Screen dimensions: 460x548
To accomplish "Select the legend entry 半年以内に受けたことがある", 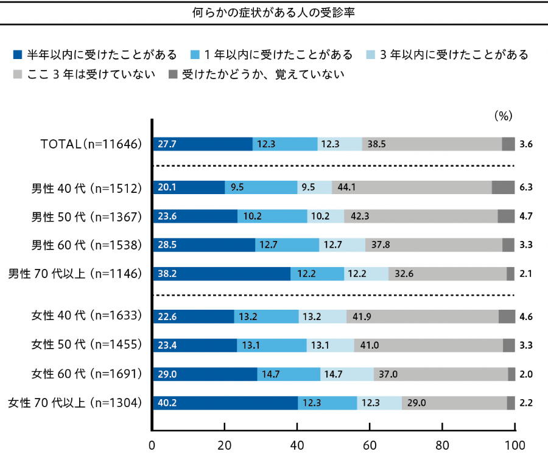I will pos(94,55).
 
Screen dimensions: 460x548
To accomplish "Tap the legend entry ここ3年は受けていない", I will pos(84,75).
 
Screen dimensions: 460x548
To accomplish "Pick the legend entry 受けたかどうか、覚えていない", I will pos(256,75).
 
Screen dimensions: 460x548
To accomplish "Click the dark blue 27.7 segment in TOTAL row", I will pos(203,144).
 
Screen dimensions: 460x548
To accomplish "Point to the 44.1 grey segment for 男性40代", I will pos(412,187).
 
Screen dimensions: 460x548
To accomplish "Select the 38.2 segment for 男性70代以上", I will pos(222,274).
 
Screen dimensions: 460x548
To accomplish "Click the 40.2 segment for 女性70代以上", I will pos(225,403).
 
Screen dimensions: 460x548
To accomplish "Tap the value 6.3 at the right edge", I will pos(527,187).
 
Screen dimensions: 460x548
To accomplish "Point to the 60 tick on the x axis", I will pos(370,444).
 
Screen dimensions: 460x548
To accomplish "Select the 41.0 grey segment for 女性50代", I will pos(428,345).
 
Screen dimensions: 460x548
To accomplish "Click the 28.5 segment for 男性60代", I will pos(204,245).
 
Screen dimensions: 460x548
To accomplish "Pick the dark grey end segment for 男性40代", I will pos(503,187).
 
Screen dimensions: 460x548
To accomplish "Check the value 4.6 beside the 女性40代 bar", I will pos(527,316).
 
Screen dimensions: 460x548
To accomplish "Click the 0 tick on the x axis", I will pos(153,444).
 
